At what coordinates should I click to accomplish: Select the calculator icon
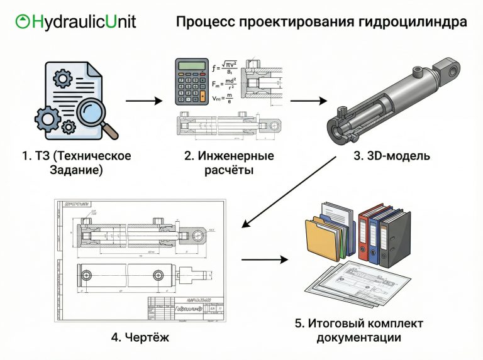tap(192, 81)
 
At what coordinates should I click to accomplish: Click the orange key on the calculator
tap(202, 96)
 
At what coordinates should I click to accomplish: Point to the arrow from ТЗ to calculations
tap(144, 100)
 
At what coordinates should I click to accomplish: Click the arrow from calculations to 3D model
tap(309, 100)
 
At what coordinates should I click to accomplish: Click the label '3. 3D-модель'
tap(391, 155)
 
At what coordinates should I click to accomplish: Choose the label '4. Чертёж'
tap(140, 337)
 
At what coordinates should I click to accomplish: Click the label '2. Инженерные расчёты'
tap(229, 162)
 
